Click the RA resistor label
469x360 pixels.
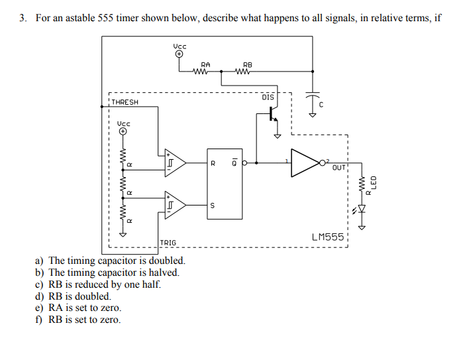(x=205, y=64)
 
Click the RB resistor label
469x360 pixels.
(x=248, y=64)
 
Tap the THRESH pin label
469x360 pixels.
(x=125, y=102)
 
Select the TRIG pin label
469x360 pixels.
(x=168, y=243)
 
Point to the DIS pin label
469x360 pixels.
(x=268, y=97)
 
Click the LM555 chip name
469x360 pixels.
(x=327, y=237)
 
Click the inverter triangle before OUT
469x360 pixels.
(x=305, y=162)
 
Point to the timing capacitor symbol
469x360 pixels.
(x=311, y=96)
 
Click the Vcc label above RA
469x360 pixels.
(x=180, y=46)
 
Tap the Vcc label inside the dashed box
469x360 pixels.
(x=124, y=123)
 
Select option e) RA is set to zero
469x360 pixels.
(x=78, y=308)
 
